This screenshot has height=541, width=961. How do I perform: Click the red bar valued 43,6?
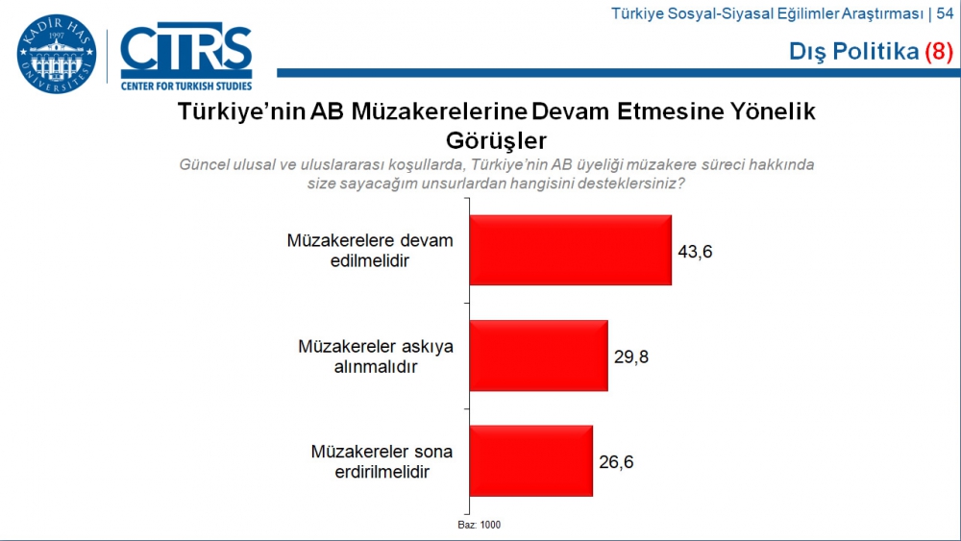[570, 250]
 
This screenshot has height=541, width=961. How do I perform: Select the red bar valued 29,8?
[538, 356]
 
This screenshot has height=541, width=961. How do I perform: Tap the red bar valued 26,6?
[530, 460]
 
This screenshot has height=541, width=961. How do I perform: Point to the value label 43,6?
[698, 252]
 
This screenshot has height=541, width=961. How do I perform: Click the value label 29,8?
[634, 357]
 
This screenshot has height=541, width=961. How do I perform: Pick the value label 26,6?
[618, 461]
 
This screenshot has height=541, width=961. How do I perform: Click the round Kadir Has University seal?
[57, 54]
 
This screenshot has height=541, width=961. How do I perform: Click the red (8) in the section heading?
[938, 52]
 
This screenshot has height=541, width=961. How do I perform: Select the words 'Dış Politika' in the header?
[853, 52]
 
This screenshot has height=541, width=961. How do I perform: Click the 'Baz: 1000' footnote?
[479, 525]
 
